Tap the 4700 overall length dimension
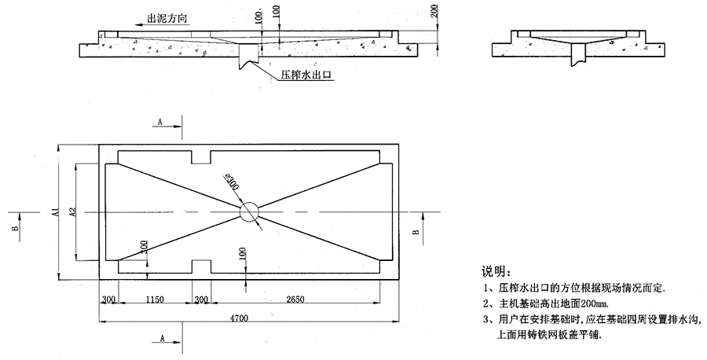(x=240, y=318)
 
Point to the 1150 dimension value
(x=155, y=300)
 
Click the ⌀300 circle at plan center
(x=250, y=212)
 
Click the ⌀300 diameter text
(x=231, y=184)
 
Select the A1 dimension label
(x=56, y=211)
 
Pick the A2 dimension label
(x=71, y=211)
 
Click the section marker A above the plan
(x=160, y=123)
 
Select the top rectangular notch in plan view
(x=202, y=157)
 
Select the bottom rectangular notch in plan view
(x=202, y=266)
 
